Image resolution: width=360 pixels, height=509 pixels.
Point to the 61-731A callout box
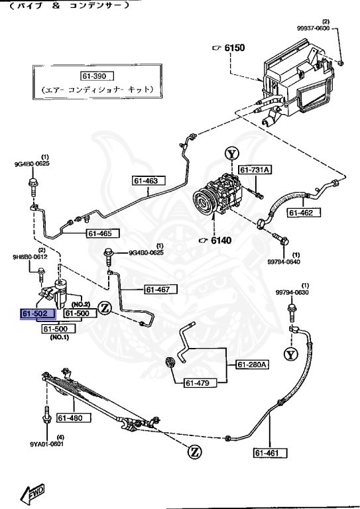[255, 170]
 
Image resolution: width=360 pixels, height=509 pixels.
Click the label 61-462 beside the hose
[304, 213]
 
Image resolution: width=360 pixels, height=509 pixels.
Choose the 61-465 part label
[102, 233]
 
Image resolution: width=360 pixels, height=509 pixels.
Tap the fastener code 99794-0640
[283, 261]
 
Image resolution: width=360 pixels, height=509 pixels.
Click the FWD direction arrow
[31, 493]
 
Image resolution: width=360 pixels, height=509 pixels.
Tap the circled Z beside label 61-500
[104, 308]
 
